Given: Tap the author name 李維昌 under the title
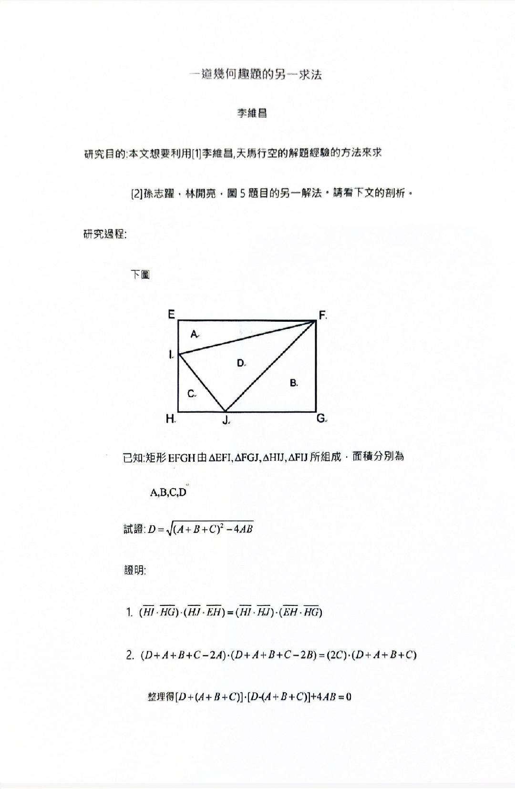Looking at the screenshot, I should point(252,113).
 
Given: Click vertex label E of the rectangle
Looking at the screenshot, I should point(171,314).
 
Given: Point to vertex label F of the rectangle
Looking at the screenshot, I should point(322,315).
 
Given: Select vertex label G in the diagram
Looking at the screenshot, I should point(321,419).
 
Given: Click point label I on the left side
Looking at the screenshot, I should point(171,354).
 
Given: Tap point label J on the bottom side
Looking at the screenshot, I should point(226,420).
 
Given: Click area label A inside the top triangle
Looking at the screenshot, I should point(194,334).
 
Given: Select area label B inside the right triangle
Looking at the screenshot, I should point(294,382).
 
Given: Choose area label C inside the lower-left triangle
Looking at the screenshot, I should point(191,394).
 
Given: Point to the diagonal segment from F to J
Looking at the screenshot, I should point(270,366).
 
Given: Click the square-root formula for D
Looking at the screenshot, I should point(200,529).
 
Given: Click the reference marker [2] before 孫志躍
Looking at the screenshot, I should point(137,194).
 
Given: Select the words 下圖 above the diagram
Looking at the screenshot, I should point(140,275).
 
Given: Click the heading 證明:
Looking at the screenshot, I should point(135,570).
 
